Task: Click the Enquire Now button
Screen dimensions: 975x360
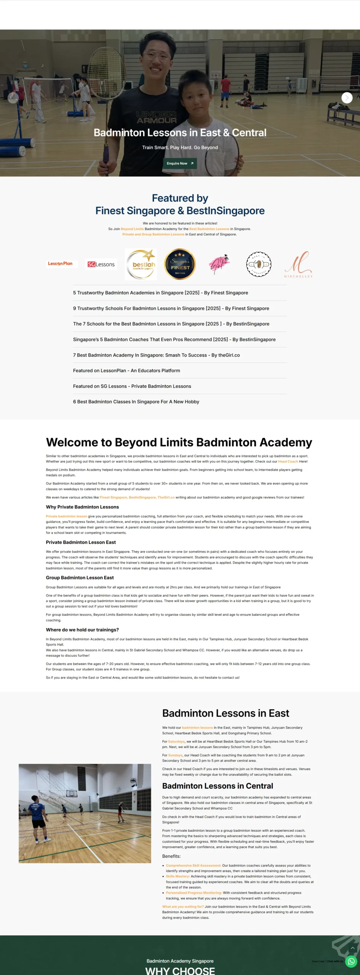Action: click(x=180, y=163)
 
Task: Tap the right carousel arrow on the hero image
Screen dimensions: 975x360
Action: click(x=347, y=98)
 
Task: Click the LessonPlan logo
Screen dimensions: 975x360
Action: click(x=61, y=264)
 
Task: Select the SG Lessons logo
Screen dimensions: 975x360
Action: click(x=101, y=264)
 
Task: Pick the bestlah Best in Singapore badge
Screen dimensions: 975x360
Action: click(x=141, y=264)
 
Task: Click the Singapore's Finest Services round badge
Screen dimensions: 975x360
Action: click(x=180, y=264)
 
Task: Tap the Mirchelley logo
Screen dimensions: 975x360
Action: click(x=298, y=264)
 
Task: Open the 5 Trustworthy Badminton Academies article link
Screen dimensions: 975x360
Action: click(x=160, y=293)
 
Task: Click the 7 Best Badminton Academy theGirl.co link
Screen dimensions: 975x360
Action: click(x=156, y=355)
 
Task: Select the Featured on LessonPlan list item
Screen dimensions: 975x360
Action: click(x=126, y=371)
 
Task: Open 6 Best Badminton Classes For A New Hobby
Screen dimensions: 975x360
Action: click(x=136, y=402)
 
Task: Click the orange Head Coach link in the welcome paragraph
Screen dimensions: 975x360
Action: click(x=288, y=462)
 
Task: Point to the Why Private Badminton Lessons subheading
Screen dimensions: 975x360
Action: click(x=82, y=507)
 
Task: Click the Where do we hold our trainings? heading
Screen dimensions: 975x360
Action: click(x=82, y=630)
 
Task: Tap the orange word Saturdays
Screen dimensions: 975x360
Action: click(x=176, y=742)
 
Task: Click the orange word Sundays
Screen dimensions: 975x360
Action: click(x=175, y=755)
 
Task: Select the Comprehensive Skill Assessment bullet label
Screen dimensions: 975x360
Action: click(x=193, y=866)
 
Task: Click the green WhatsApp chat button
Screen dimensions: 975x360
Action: click(x=351, y=961)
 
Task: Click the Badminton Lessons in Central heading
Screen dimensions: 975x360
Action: click(x=218, y=786)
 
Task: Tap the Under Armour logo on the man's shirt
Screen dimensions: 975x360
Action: click(x=157, y=117)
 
